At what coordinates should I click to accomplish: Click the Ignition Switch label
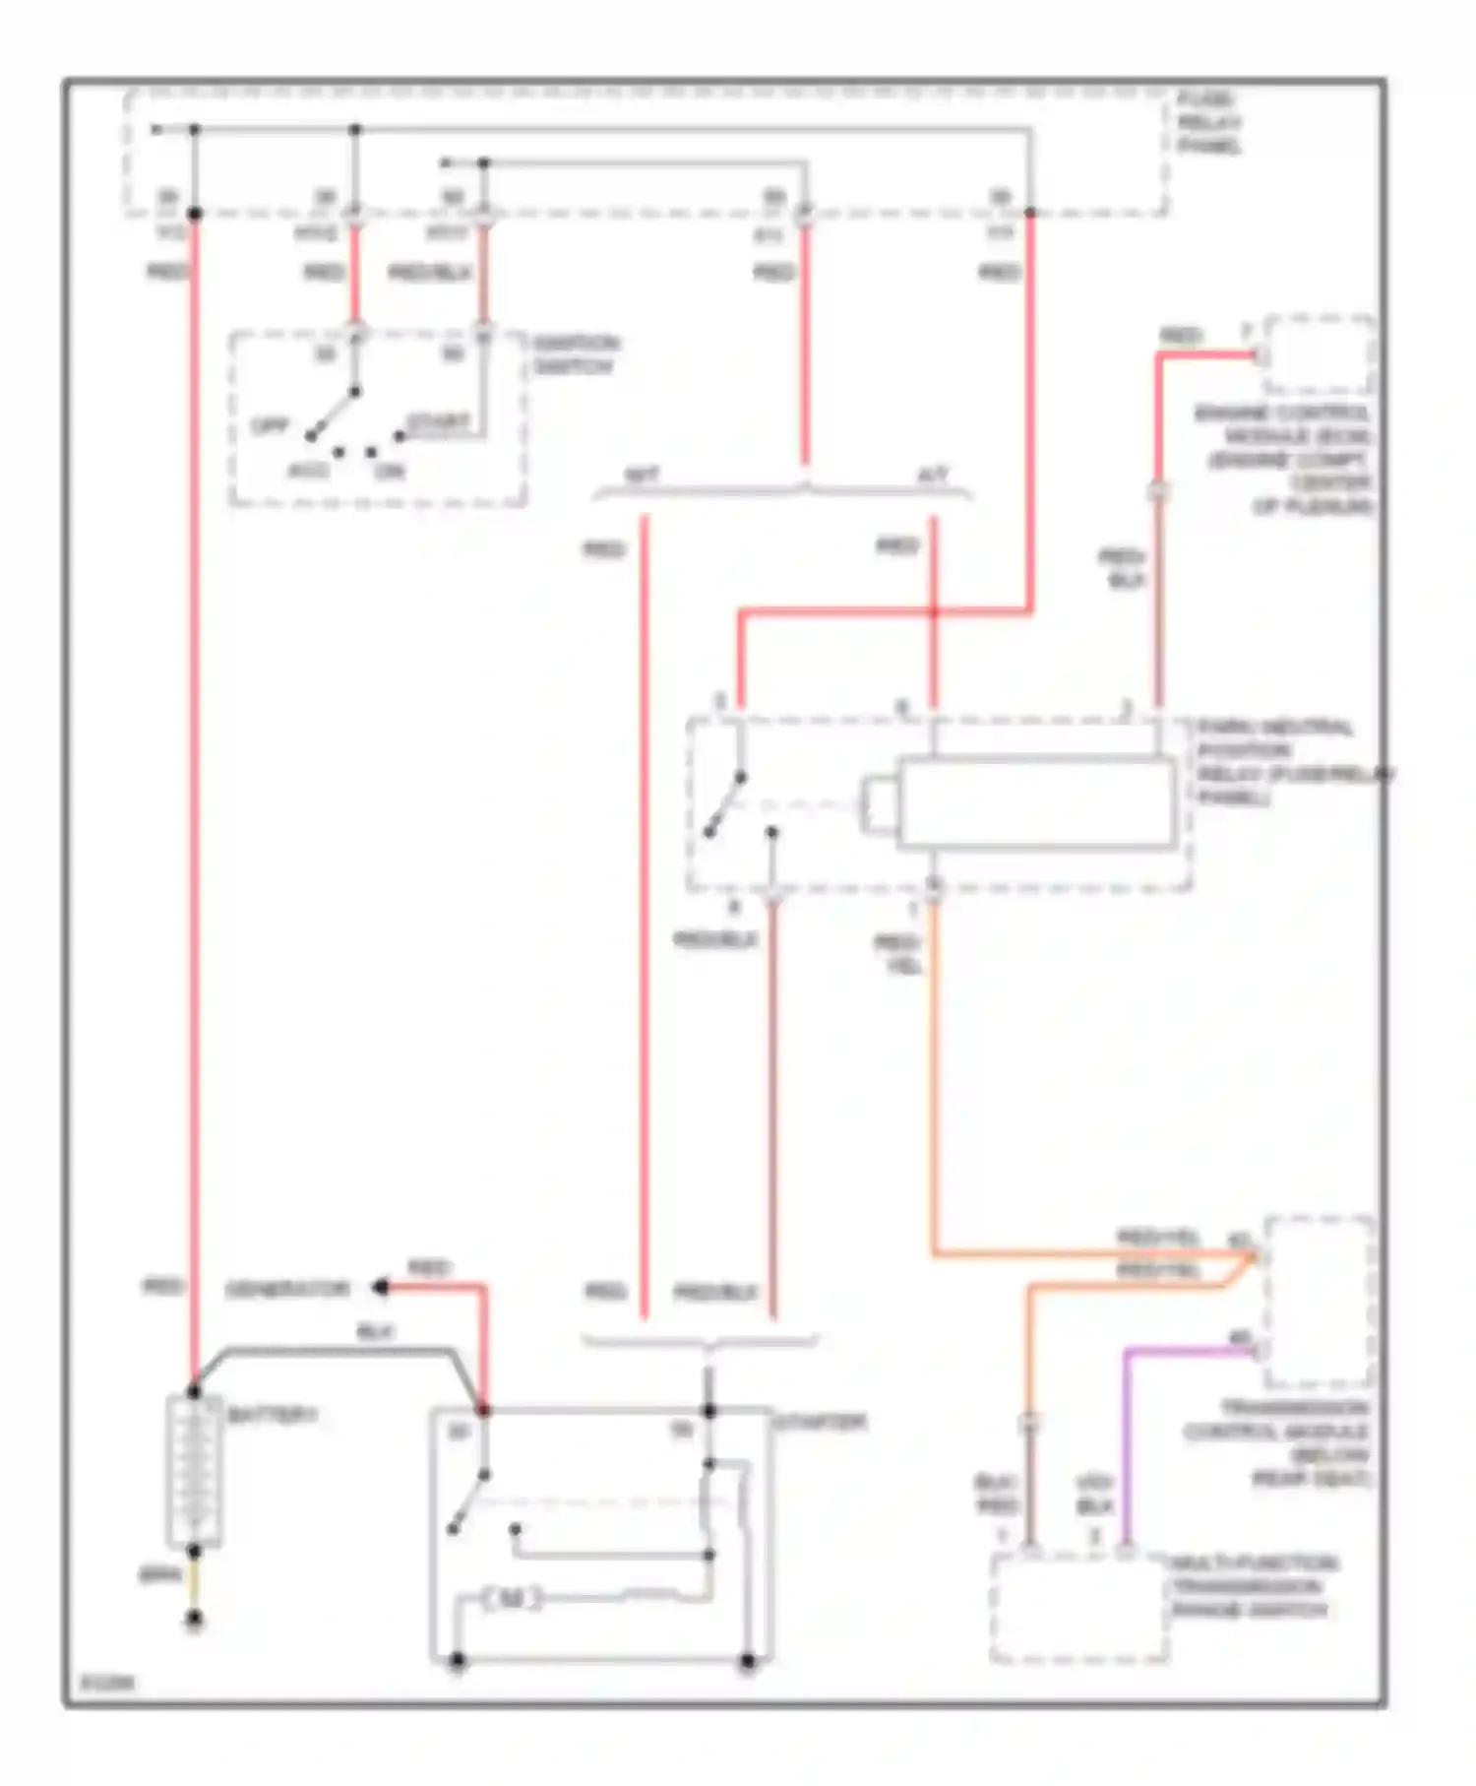(x=576, y=355)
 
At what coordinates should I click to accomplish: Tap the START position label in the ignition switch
(x=438, y=422)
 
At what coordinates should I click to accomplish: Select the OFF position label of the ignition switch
(x=268, y=426)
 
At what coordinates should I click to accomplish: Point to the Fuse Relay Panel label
(x=1209, y=123)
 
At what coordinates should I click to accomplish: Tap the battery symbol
(x=195, y=1470)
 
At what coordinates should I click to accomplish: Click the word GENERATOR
(x=287, y=1289)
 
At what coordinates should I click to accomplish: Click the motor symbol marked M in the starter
(x=512, y=1599)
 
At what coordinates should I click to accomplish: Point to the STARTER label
(x=820, y=1423)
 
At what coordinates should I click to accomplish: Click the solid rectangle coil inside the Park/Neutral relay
(x=1036, y=802)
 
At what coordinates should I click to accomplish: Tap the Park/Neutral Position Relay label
(x=1289, y=762)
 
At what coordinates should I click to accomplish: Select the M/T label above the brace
(x=642, y=477)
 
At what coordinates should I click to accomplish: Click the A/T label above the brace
(x=932, y=477)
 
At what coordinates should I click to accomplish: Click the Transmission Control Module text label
(x=1277, y=1443)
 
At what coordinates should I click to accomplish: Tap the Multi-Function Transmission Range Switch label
(x=1252, y=1586)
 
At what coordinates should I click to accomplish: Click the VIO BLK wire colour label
(x=1094, y=1495)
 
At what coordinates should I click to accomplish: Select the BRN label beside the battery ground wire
(x=159, y=1576)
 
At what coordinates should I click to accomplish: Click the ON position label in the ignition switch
(x=391, y=472)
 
